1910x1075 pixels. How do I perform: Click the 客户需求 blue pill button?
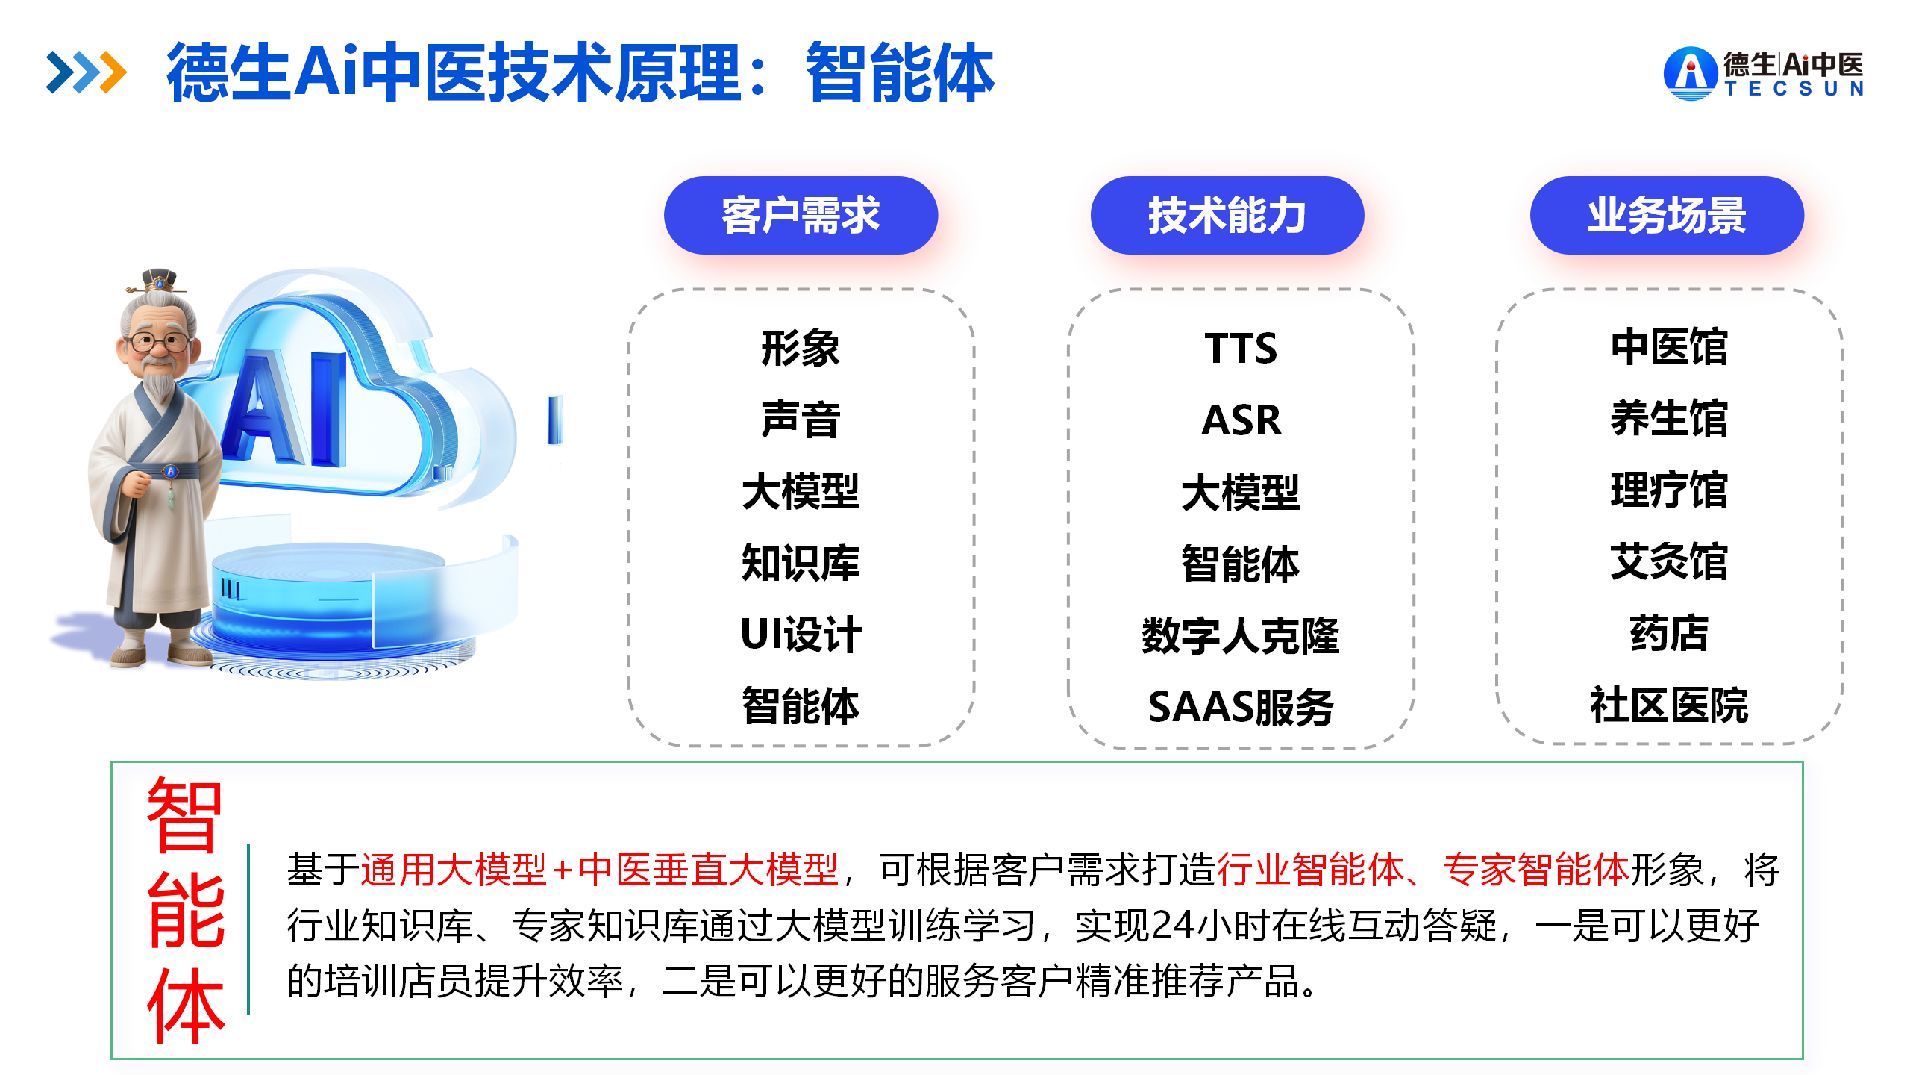coord(801,215)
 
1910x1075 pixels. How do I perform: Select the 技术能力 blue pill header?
coord(1227,215)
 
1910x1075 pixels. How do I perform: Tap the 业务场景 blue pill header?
coord(1667,215)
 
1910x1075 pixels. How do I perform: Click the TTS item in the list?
coord(1241,348)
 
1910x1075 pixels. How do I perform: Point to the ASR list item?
coord(1241,420)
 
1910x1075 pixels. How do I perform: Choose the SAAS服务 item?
coord(1241,706)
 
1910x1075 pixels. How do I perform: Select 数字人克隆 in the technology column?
coord(1241,635)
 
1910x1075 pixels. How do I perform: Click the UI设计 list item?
coord(801,635)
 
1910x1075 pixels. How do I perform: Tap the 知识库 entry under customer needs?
coord(801,563)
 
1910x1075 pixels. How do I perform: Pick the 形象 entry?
coord(801,348)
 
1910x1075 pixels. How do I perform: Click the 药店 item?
coord(1669,634)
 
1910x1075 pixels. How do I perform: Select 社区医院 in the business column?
coord(1669,705)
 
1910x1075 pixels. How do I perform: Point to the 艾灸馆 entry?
coord(1669,561)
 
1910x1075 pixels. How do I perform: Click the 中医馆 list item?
coord(1669,347)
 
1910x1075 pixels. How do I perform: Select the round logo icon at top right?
coord(1691,73)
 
